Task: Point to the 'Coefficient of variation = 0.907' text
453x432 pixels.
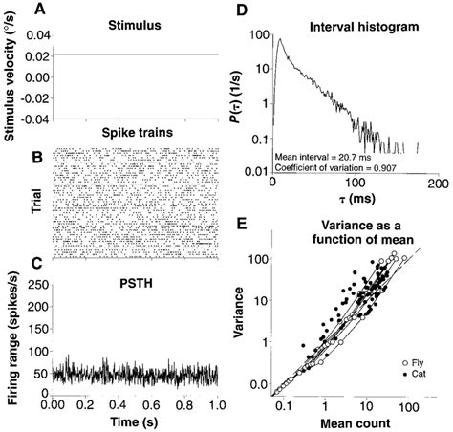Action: click(x=336, y=164)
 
